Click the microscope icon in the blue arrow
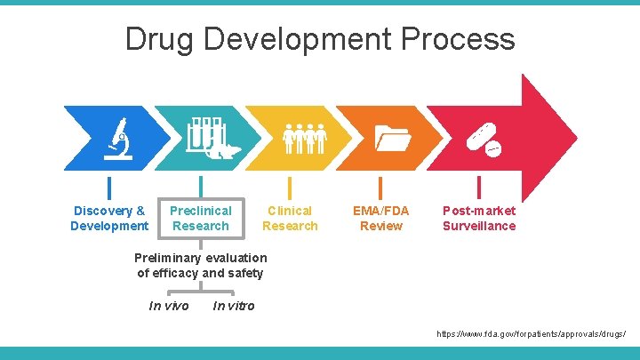[115, 139]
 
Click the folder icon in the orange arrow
[391, 139]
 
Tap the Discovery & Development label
[109, 218]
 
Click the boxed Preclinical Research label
[201, 218]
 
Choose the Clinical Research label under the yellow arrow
[290, 218]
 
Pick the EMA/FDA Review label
[381, 218]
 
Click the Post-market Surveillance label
[479, 218]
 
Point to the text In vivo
[169, 306]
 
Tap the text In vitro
[234, 306]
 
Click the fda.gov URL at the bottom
[532, 335]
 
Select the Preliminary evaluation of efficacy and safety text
[200, 265]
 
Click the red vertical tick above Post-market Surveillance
[479, 187]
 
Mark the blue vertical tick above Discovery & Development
[109, 187]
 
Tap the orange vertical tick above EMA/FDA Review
[380, 187]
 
